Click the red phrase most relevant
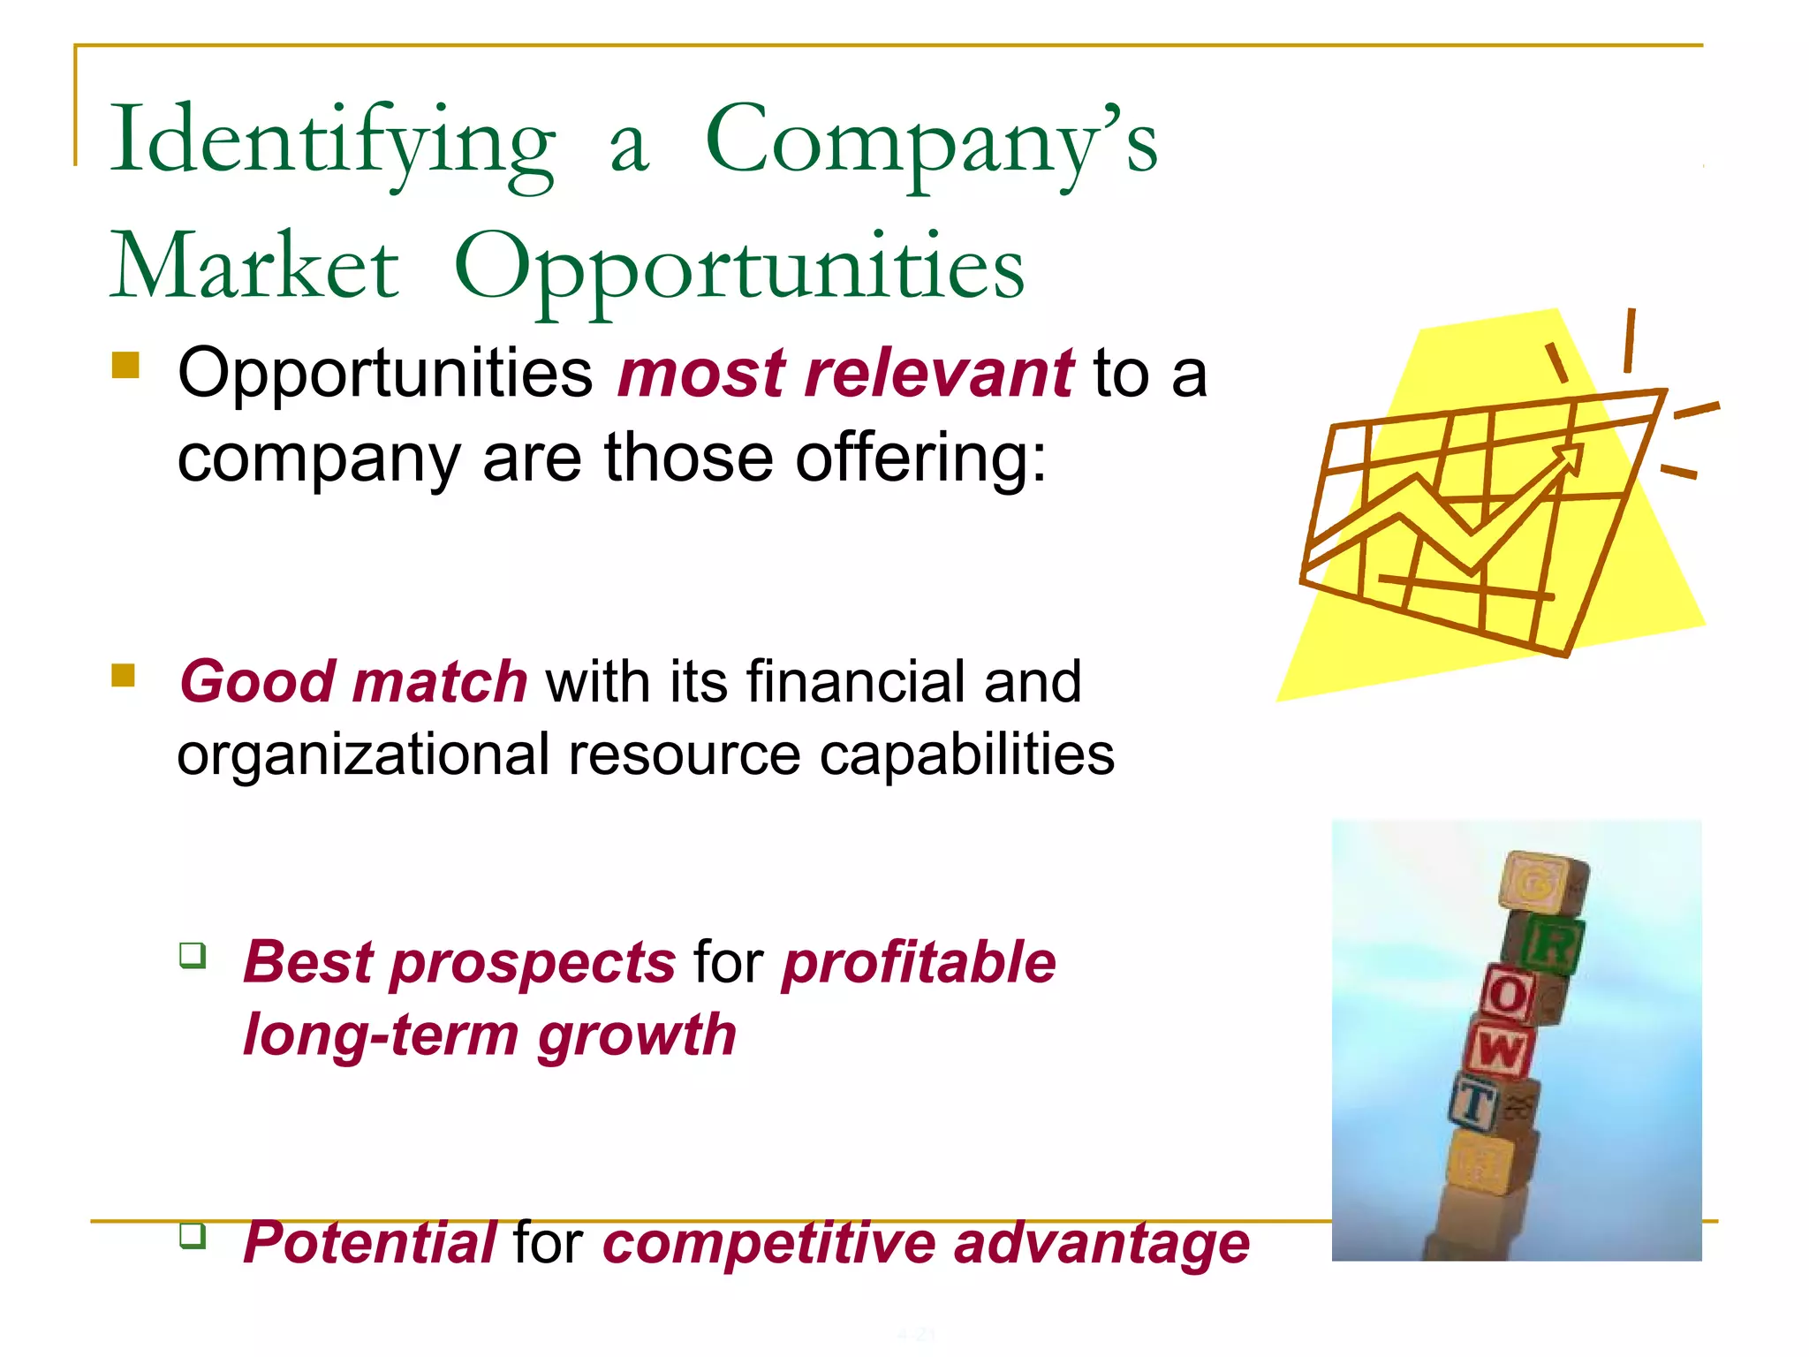tap(845, 374)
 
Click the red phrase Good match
tap(353, 682)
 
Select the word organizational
tap(363, 755)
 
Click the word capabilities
tap(966, 755)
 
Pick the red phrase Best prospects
tap(459, 962)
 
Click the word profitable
tap(919, 962)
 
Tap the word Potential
tap(369, 1243)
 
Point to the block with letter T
tap(1475, 1103)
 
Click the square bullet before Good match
tap(124, 676)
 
